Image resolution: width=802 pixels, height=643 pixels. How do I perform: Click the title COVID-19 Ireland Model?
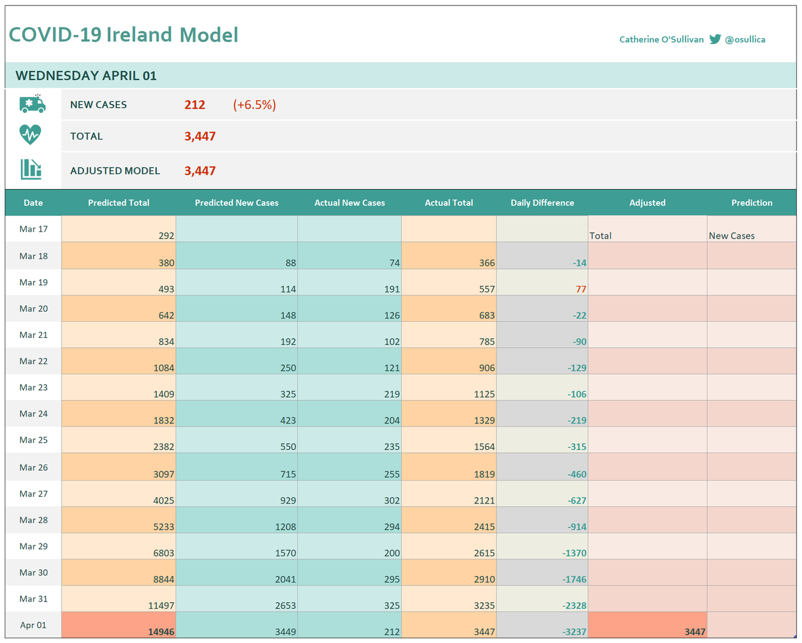click(124, 35)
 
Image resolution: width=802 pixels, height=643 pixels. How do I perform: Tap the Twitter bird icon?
click(715, 39)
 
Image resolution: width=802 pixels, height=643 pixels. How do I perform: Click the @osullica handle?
click(745, 39)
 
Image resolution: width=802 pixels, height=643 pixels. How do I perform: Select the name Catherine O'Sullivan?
click(661, 39)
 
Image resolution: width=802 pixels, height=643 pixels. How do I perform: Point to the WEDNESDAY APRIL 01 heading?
click(86, 75)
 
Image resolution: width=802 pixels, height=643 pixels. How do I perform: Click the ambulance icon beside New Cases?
click(33, 104)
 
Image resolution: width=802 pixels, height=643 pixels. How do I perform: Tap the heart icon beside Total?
click(30, 135)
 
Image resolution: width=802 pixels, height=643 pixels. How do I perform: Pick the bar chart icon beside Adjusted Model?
click(31, 169)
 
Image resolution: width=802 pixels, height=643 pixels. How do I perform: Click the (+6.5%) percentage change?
click(254, 105)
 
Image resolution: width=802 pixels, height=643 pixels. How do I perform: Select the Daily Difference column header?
click(542, 203)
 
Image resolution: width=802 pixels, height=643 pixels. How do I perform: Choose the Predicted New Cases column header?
click(237, 203)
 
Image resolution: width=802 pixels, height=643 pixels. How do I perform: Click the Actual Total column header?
click(448, 203)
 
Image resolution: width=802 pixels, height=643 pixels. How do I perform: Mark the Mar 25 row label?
click(33, 440)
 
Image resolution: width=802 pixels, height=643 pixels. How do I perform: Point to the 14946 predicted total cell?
click(160, 632)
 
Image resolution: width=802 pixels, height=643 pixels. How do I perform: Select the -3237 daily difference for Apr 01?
click(573, 632)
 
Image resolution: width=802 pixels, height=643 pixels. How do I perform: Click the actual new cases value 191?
click(391, 289)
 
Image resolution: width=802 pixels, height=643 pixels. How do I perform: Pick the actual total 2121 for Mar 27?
click(484, 500)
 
